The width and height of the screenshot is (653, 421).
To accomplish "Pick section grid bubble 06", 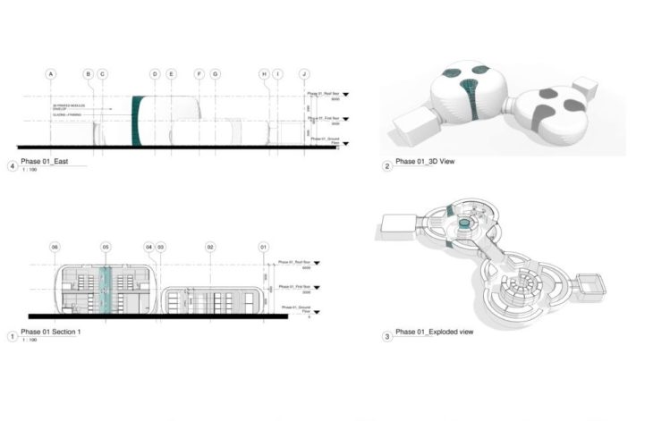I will pyautogui.click(x=55, y=246).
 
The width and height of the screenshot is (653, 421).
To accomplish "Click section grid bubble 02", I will pyautogui.click(x=210, y=246).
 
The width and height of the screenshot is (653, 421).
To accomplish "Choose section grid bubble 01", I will pyautogui.click(x=264, y=246).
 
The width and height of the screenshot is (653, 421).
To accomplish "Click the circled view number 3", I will pyautogui.click(x=386, y=337).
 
